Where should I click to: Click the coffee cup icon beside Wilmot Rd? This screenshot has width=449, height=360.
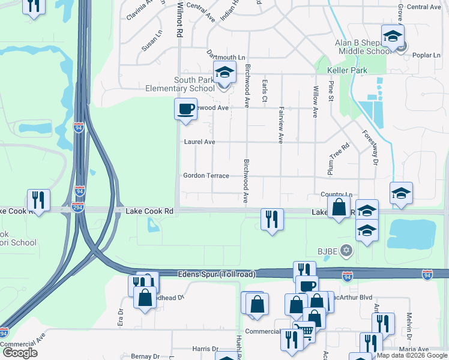tap(185, 109)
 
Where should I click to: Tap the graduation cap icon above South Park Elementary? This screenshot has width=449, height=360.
tap(224, 73)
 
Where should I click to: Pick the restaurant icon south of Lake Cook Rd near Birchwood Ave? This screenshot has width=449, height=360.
tap(272, 219)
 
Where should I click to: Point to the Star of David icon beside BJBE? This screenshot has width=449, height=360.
tap(346, 250)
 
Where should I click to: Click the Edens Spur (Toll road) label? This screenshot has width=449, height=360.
tap(217, 274)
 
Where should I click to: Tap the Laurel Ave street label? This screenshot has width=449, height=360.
tap(199, 142)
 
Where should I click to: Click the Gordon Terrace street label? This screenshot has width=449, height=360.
tap(206, 176)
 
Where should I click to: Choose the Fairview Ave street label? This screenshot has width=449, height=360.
tap(280, 125)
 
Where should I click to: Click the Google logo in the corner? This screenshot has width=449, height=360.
tap(20, 353)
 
